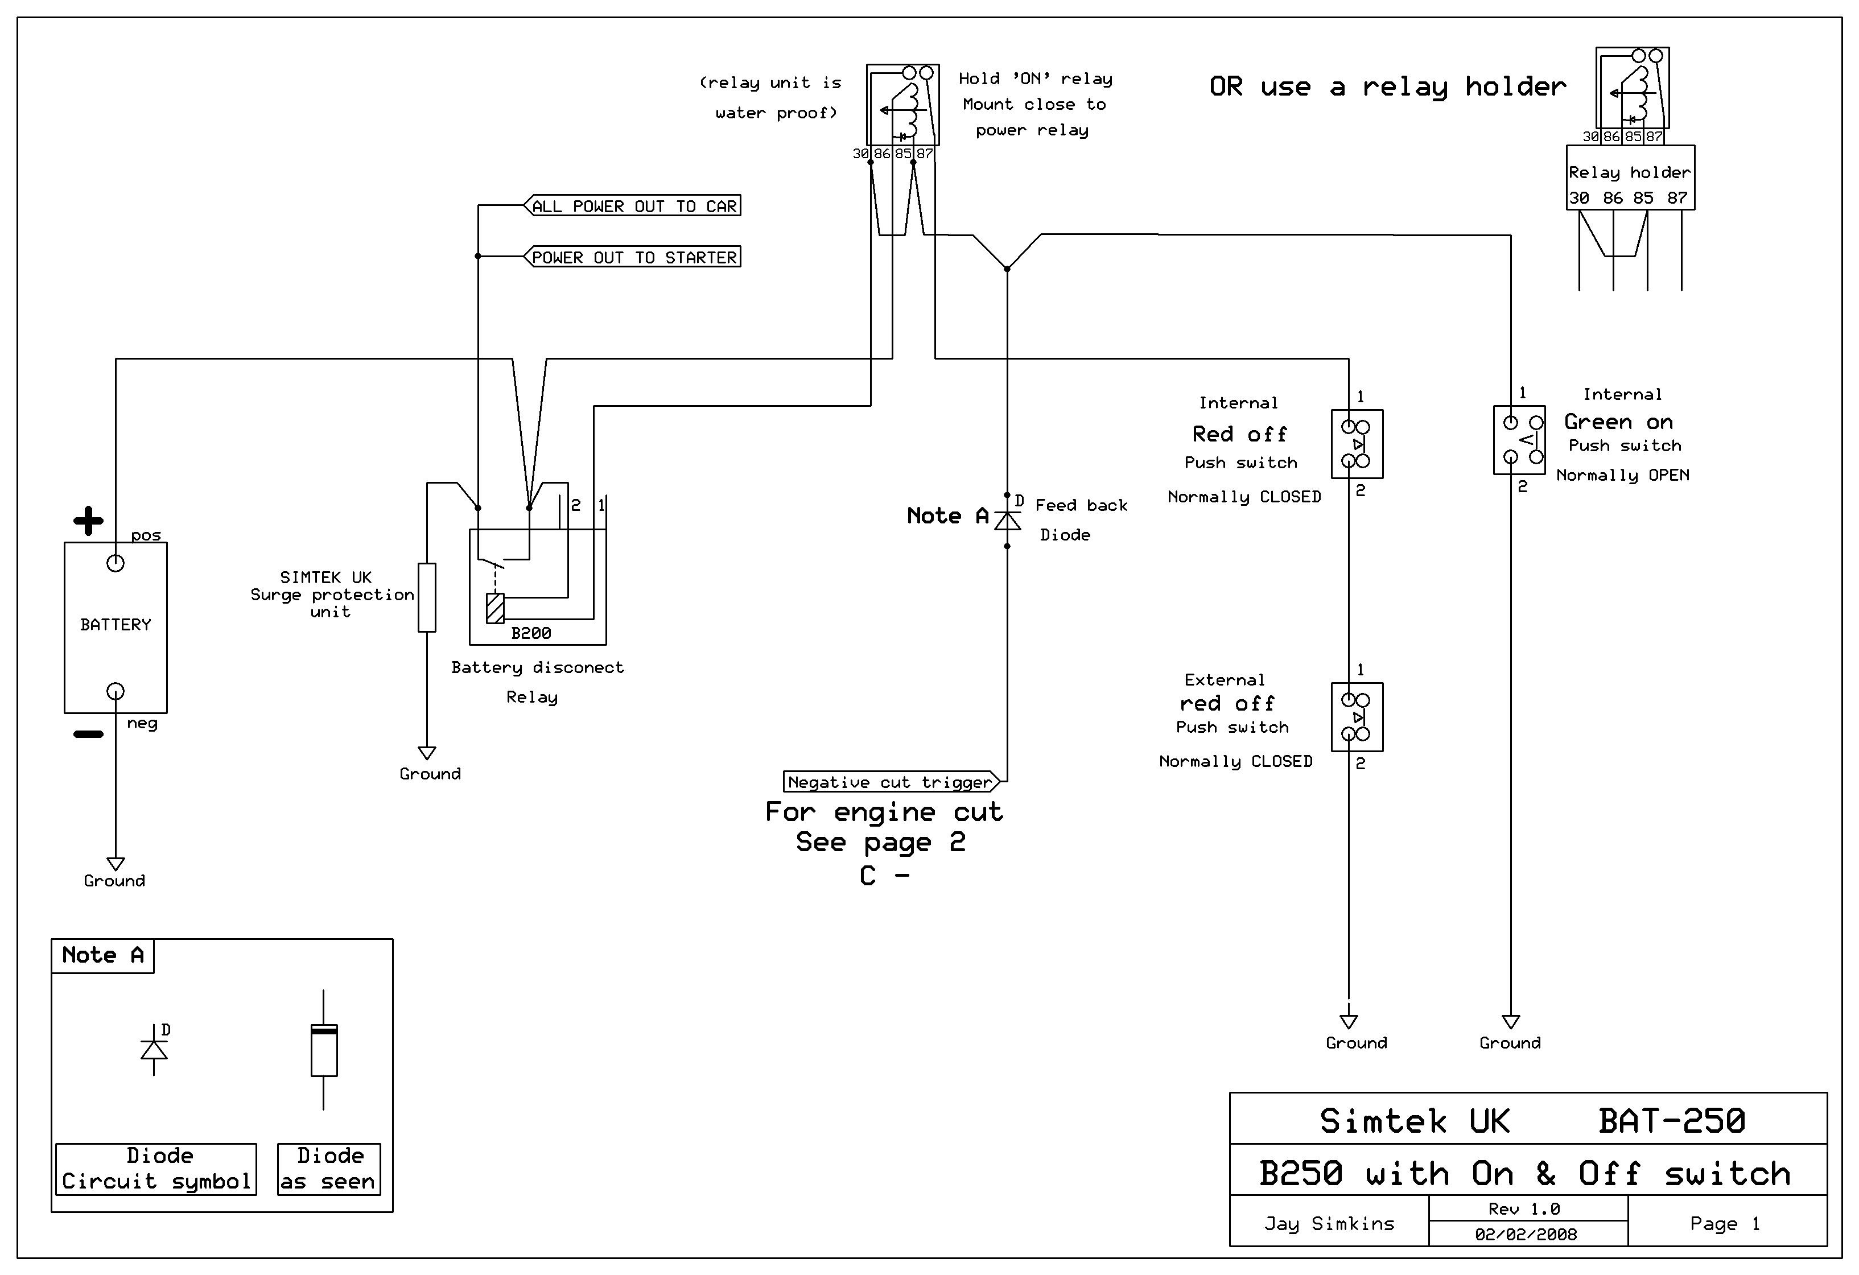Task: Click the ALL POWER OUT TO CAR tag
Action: point(632,205)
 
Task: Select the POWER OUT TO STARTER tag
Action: point(632,257)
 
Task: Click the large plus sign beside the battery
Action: point(88,521)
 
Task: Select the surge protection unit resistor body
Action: point(427,597)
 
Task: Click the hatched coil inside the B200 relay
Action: point(495,608)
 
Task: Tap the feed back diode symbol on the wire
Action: point(1007,521)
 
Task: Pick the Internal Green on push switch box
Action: point(1519,440)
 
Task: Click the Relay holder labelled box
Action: point(1630,178)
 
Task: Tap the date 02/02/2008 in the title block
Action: point(1526,1234)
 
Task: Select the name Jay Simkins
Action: point(1329,1223)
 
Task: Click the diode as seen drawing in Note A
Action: point(324,1050)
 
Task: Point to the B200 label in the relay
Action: point(531,633)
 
